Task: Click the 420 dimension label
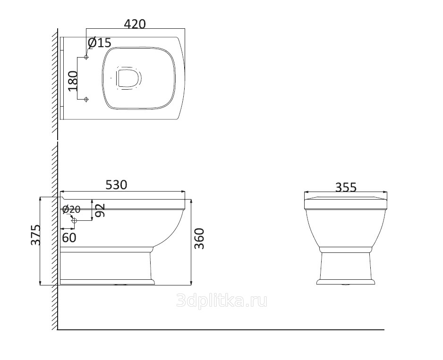[x=135, y=24]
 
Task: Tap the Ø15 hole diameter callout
[x=100, y=42]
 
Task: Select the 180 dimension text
[x=73, y=81]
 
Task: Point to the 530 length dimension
[x=116, y=185]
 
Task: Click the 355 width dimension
[x=346, y=187]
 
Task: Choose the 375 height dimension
[x=36, y=235]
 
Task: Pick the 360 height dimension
[x=199, y=239]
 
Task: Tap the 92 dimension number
[x=100, y=210]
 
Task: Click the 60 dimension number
[x=69, y=238]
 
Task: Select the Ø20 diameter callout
[x=71, y=209]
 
